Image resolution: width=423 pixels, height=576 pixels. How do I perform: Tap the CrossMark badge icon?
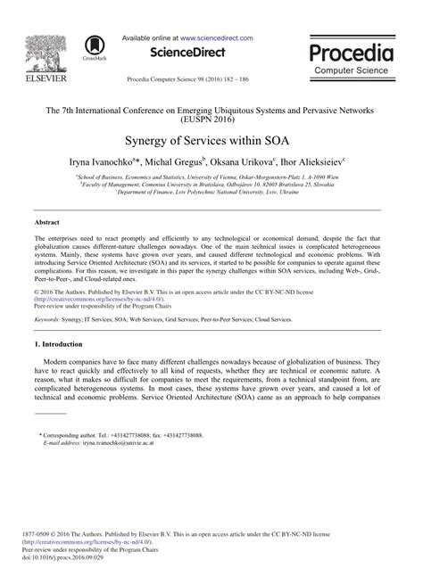pyautogui.click(x=93, y=46)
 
